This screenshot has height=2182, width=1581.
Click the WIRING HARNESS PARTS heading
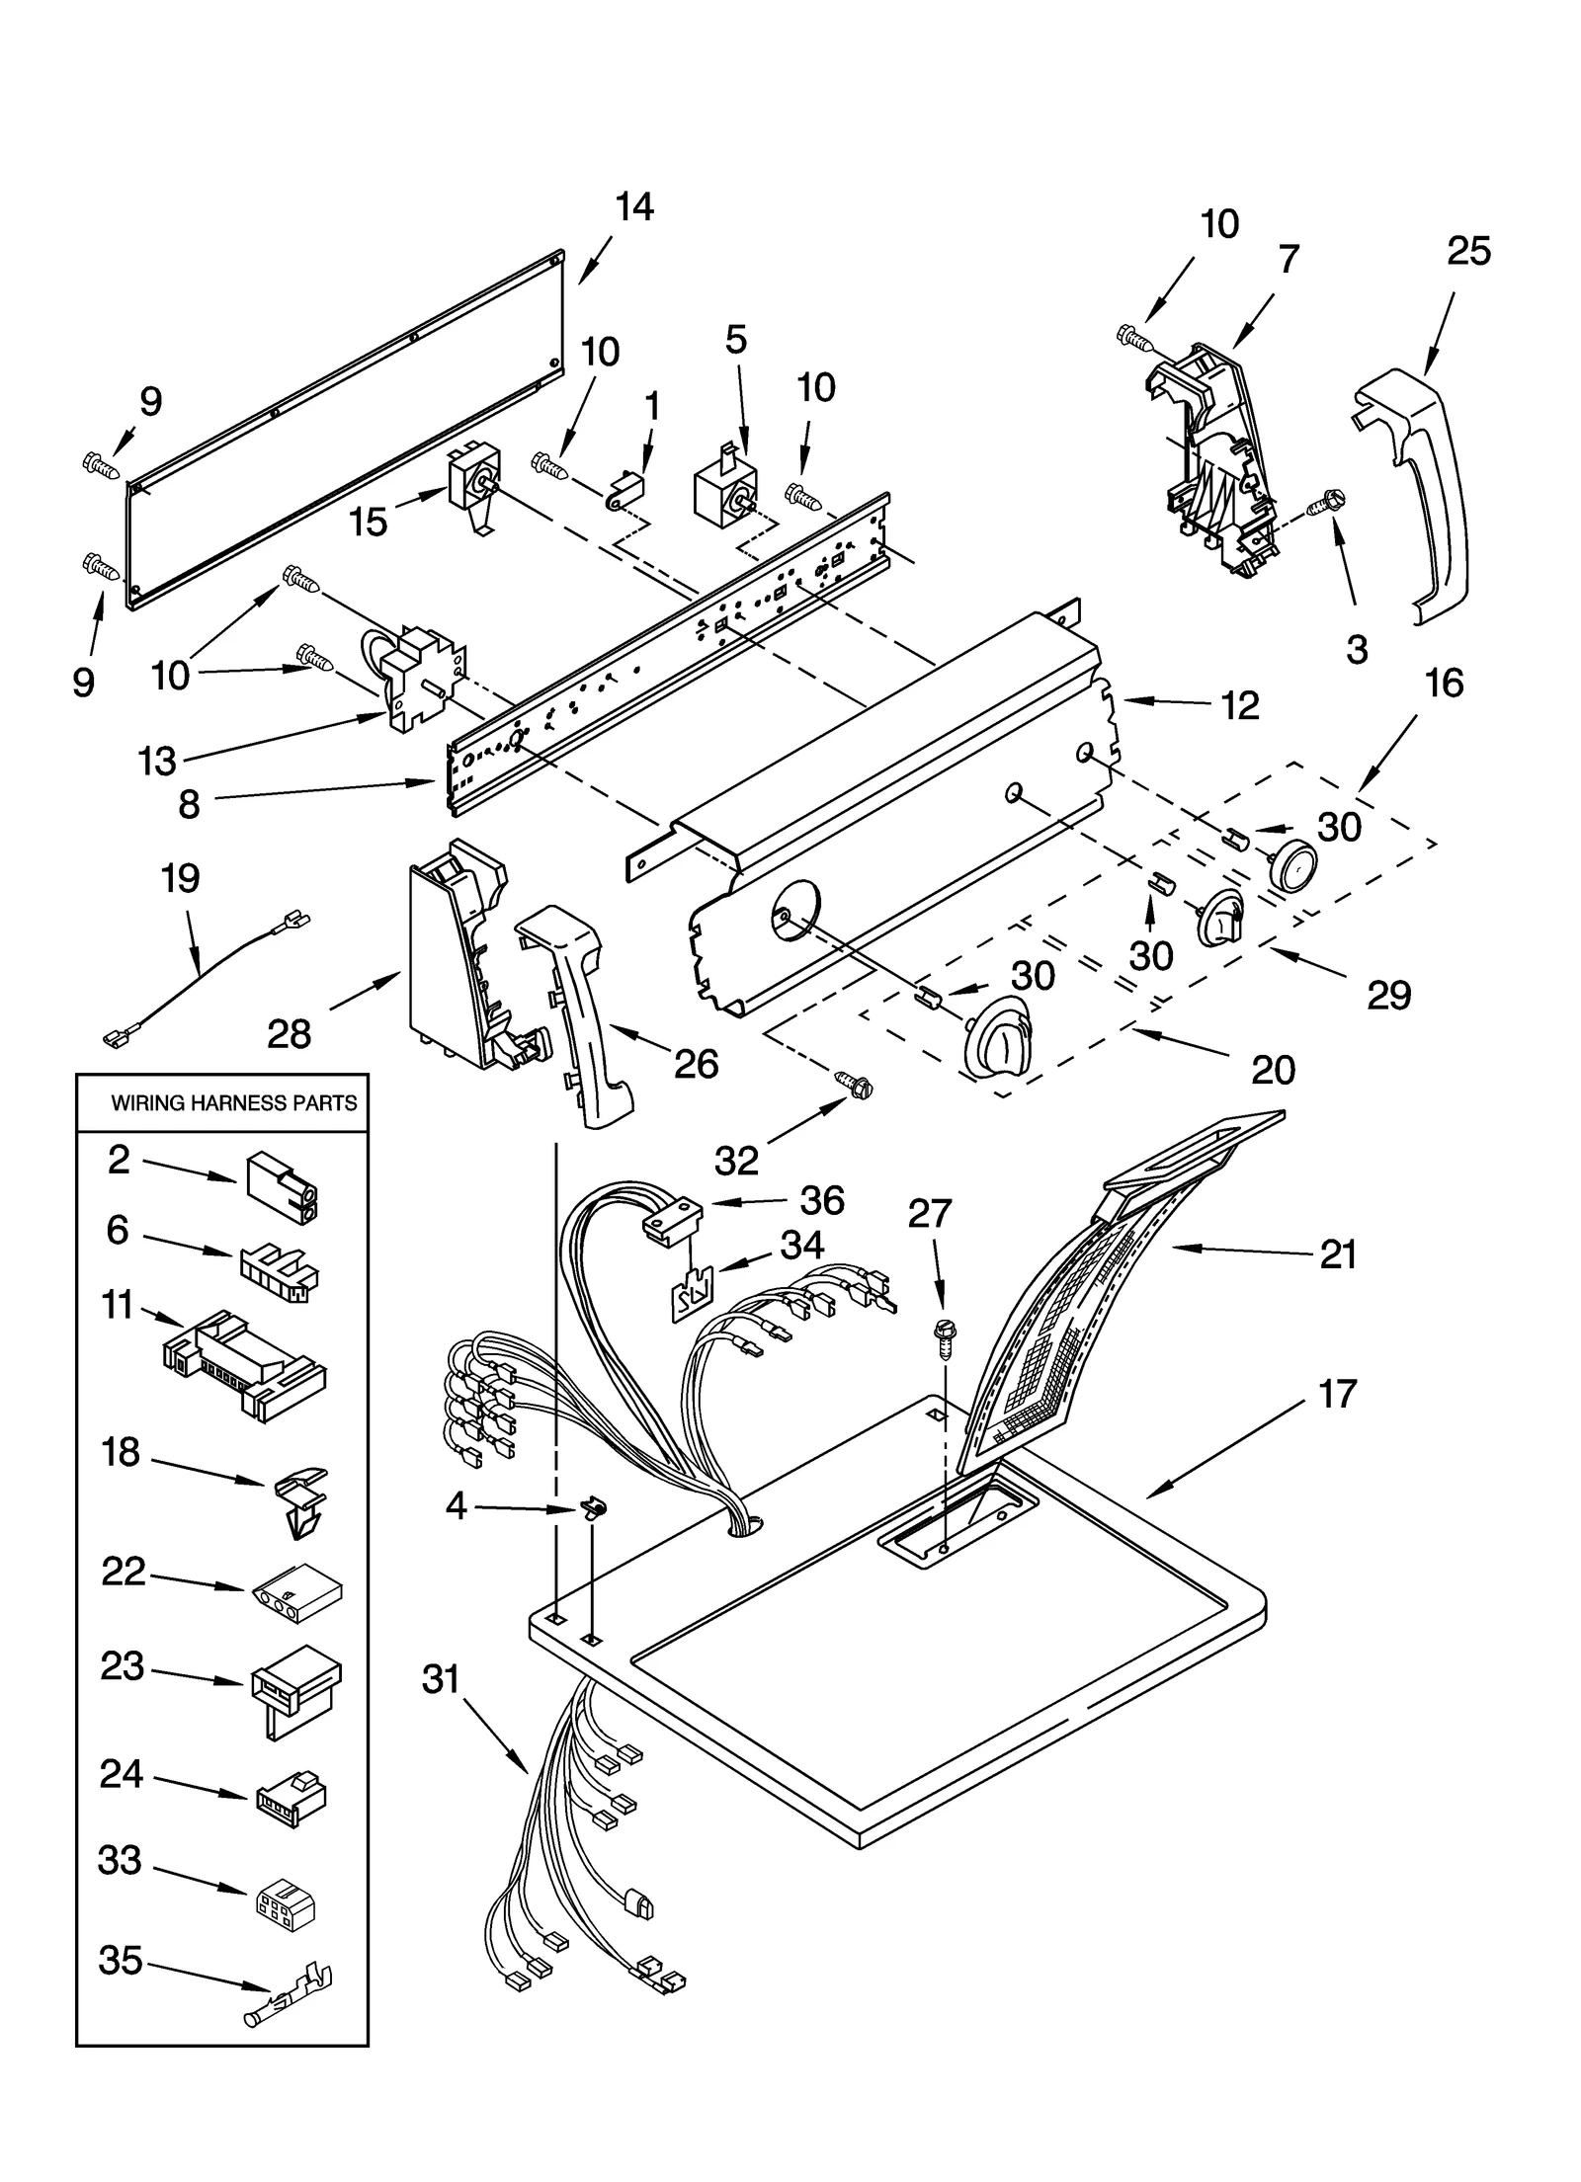click(x=233, y=1102)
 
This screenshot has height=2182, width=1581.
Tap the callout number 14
click(x=633, y=207)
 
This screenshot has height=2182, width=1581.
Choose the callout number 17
click(x=1337, y=1394)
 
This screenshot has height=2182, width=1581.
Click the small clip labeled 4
click(x=594, y=1509)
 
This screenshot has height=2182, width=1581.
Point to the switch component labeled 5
click(x=723, y=491)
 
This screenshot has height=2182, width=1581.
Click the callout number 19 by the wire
click(x=180, y=878)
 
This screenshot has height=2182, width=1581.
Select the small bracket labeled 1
click(x=624, y=491)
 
